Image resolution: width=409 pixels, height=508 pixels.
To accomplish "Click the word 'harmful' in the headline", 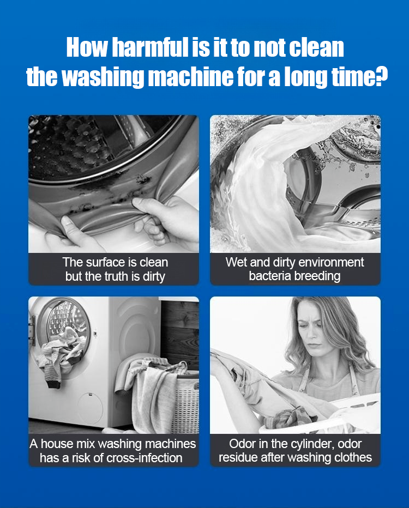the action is click(150, 47).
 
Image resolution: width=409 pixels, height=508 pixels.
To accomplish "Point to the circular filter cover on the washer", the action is click(90, 407).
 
